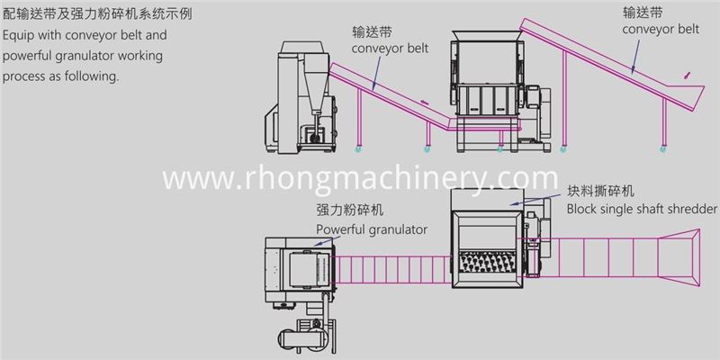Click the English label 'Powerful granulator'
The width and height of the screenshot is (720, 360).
pyautogui.click(x=372, y=229)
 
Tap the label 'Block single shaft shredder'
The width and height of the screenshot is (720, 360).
pyautogui.click(x=642, y=209)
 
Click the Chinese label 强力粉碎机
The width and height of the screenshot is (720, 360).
pyautogui.click(x=350, y=211)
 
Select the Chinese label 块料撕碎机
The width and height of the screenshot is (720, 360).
pyautogui.click(x=600, y=191)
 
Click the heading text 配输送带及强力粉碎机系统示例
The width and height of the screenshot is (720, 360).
pyautogui.click(x=97, y=14)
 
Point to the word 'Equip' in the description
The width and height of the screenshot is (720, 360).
pyautogui.click(x=17, y=35)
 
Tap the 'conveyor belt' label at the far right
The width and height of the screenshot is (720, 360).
pyautogui.click(x=661, y=30)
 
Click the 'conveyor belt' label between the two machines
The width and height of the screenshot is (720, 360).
pyautogui.click(x=390, y=48)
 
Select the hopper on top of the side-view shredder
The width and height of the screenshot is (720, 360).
pyautogui.click(x=487, y=36)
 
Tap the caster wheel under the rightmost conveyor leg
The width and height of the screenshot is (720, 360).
pyautogui.click(x=663, y=148)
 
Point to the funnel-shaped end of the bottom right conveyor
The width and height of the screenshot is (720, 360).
pyautogui.click(x=679, y=257)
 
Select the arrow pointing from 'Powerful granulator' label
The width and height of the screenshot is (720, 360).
pyautogui.click(x=327, y=241)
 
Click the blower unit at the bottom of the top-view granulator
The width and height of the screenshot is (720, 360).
pyautogui.click(x=306, y=335)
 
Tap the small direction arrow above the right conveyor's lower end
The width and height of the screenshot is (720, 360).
pyautogui.click(x=687, y=76)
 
